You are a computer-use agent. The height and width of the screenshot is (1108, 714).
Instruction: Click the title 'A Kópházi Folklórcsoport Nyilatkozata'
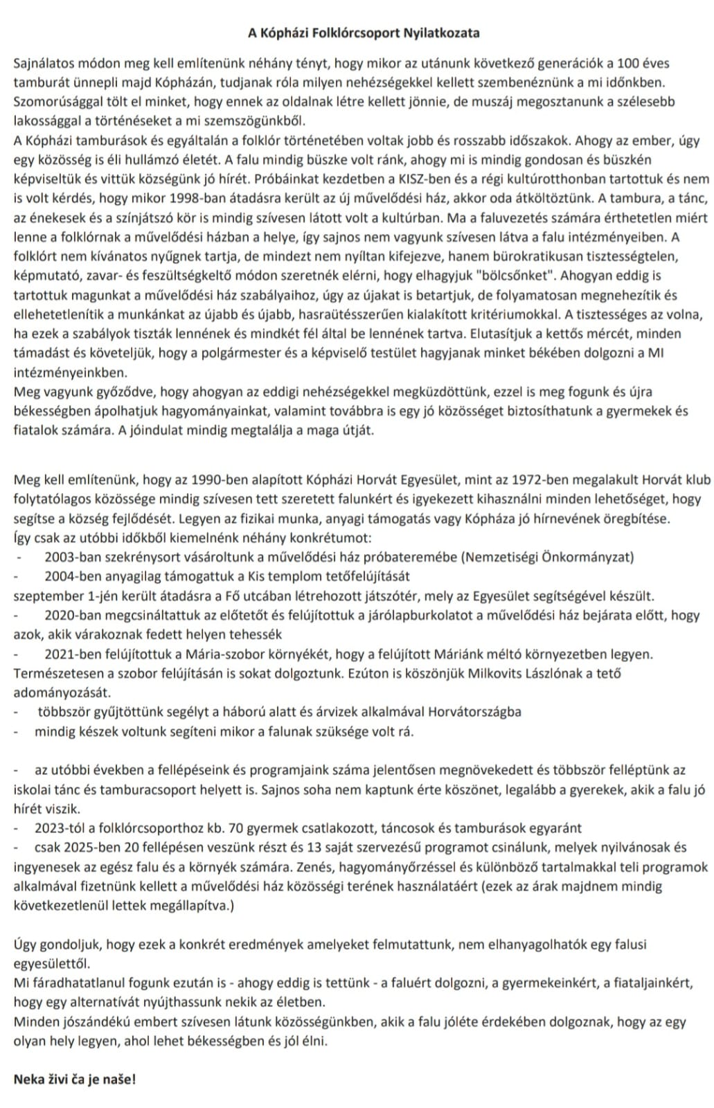tap(364, 33)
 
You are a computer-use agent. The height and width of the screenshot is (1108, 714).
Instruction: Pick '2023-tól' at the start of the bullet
tap(58, 828)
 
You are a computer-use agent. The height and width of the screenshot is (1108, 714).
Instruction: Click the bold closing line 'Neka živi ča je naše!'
tap(75, 1079)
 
